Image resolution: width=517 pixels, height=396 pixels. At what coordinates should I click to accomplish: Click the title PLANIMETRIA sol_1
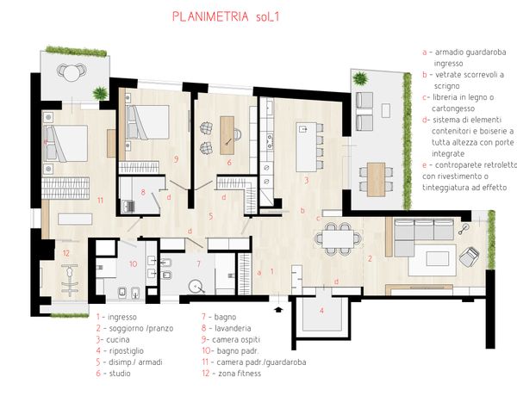[x=226, y=16]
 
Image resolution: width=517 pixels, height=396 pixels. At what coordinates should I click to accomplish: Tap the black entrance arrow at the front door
[x=278, y=309]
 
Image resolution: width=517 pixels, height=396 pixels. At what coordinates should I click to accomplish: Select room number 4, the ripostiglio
[x=321, y=310]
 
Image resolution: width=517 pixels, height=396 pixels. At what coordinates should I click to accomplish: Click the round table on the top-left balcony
[x=72, y=72]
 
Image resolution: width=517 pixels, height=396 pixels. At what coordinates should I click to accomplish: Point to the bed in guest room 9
[x=147, y=122]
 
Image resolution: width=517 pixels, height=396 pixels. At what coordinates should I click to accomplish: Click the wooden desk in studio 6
[x=227, y=135]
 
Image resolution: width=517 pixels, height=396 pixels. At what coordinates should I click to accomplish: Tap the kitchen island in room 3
[x=306, y=147]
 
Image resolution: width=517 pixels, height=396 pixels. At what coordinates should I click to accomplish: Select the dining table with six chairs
[x=338, y=238]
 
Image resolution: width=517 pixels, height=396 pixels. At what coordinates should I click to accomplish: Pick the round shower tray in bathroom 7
[x=197, y=287]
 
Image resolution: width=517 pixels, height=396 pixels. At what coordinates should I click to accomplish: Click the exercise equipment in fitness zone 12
[x=70, y=278]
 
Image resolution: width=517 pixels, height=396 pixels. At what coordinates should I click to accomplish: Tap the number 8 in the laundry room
[x=143, y=192]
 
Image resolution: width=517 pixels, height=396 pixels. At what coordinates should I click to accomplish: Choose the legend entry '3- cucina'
[x=113, y=340]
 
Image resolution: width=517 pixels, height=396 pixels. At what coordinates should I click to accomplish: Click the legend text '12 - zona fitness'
[x=232, y=374]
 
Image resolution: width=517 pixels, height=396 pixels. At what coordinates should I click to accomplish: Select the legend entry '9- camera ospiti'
[x=231, y=339]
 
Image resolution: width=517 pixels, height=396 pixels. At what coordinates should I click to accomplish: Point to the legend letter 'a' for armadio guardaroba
[x=425, y=53]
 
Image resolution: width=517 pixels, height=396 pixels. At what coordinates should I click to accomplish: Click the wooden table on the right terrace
[x=377, y=179]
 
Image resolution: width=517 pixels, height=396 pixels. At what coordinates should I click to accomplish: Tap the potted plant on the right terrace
[x=359, y=79]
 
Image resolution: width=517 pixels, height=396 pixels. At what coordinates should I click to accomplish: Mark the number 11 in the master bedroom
[x=100, y=200]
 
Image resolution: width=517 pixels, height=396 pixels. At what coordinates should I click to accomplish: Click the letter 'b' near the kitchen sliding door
[x=302, y=211]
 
